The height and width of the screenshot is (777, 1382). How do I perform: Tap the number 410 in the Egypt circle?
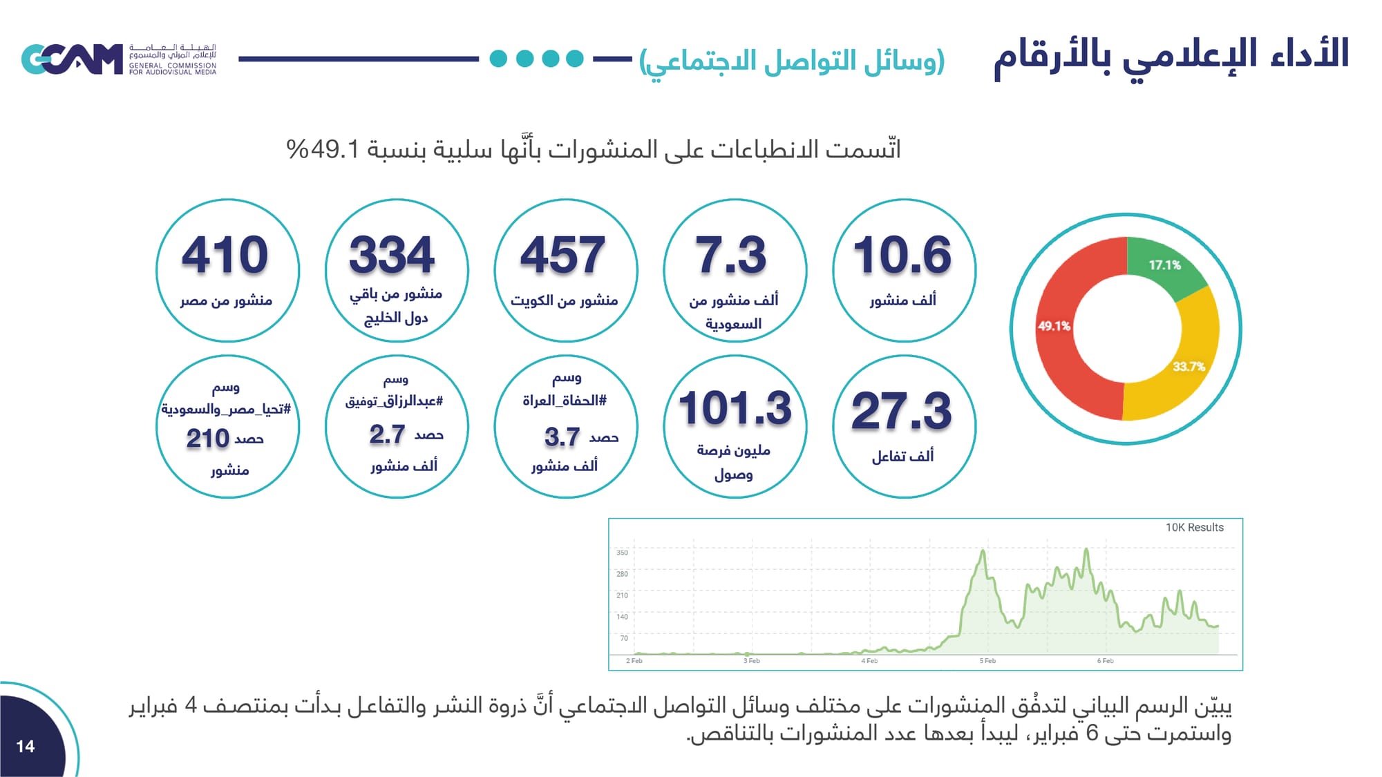[225, 255]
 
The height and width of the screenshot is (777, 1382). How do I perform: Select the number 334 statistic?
[392, 255]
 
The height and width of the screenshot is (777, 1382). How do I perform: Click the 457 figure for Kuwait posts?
[562, 255]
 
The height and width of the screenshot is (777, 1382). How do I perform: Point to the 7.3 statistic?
[731, 255]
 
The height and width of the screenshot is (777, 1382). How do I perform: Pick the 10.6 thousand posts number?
[902, 255]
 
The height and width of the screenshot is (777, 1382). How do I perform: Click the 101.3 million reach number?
[735, 408]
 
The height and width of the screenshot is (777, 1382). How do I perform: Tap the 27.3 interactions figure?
[902, 411]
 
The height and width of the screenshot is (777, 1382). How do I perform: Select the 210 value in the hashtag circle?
[207, 439]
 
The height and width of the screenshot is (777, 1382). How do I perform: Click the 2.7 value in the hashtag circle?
[387, 434]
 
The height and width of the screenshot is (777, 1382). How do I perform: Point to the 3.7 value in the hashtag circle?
[562, 437]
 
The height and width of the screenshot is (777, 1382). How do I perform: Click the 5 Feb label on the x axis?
[987, 661]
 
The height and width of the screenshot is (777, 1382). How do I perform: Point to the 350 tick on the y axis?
[622, 553]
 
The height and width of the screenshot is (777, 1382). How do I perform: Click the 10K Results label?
[1194, 528]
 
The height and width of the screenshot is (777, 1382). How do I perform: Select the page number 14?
[26, 746]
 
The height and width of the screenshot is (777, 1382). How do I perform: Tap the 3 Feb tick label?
[751, 661]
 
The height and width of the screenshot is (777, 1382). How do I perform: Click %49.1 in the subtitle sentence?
[323, 149]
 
